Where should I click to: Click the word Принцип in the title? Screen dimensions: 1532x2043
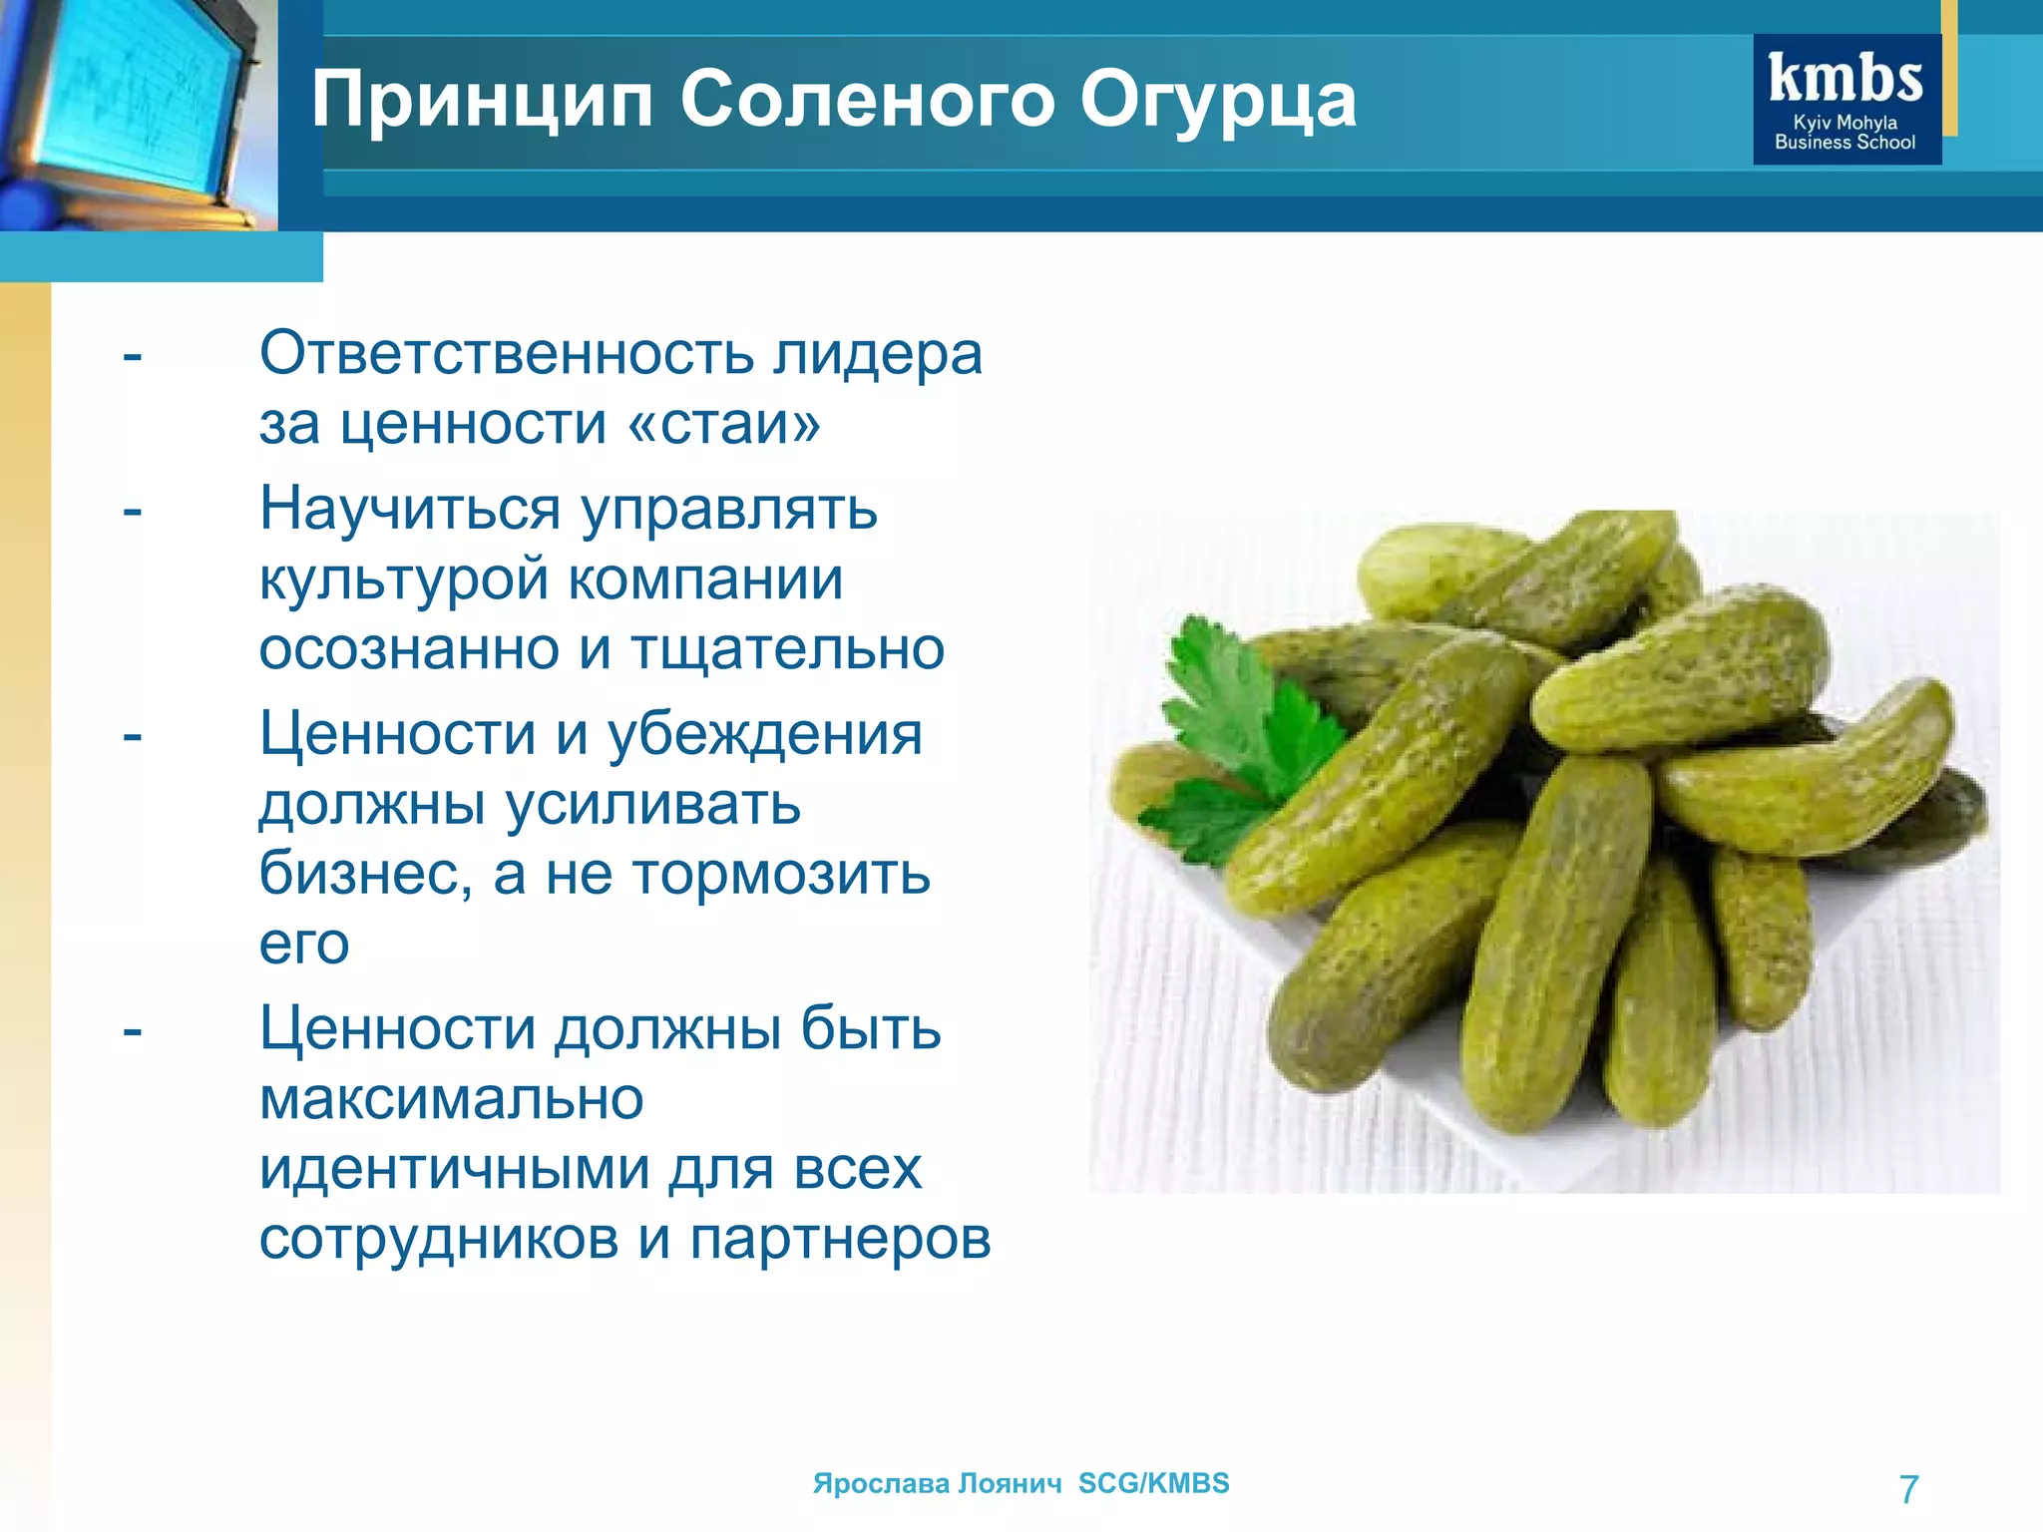[x=482, y=100]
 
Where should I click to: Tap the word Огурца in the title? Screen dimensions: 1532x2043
[x=1218, y=100]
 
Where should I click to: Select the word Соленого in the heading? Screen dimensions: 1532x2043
[x=867, y=100]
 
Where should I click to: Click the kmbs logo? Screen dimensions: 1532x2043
[x=1846, y=100]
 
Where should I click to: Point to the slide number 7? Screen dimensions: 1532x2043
[x=1908, y=1489]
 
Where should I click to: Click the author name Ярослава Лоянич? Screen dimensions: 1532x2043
[x=937, y=1483]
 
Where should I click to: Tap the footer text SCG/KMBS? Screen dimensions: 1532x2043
[x=1153, y=1483]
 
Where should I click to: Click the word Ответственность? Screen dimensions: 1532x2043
[x=507, y=353]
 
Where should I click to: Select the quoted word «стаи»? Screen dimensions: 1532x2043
[x=724, y=423]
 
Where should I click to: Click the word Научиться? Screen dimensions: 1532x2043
[x=410, y=509]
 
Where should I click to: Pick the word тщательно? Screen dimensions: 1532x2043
[x=788, y=648]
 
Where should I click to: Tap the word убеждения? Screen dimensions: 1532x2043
[x=765, y=734]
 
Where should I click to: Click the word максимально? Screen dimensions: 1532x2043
[x=452, y=1098]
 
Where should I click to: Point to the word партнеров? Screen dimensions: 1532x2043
[x=840, y=1238]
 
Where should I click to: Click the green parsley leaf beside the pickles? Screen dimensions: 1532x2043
[x=1247, y=738]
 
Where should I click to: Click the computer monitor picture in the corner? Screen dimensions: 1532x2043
[x=130, y=110]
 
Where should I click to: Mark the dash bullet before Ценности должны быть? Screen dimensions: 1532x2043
[x=133, y=1030]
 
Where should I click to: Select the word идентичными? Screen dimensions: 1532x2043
[x=453, y=1168]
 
